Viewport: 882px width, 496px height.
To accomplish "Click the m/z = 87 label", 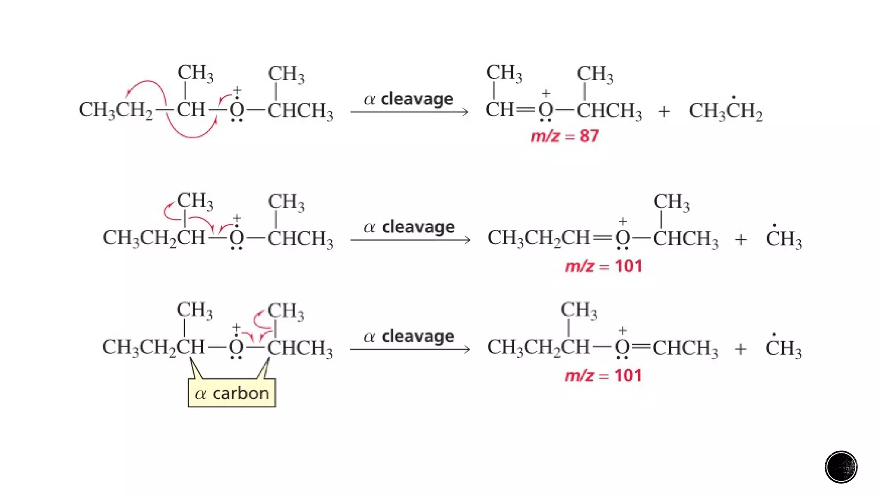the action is (x=565, y=136).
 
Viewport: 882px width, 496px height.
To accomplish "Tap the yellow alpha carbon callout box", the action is (x=232, y=393).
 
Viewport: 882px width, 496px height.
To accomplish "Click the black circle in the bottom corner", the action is (x=841, y=467).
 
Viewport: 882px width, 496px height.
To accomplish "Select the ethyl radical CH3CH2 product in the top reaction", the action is (x=726, y=111).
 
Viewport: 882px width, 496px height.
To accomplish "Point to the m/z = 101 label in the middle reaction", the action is (x=603, y=267).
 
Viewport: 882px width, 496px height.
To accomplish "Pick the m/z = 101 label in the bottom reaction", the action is (x=603, y=376).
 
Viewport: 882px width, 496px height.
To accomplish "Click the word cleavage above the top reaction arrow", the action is (x=417, y=99).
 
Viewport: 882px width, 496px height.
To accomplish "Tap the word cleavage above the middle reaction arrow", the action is (x=418, y=227).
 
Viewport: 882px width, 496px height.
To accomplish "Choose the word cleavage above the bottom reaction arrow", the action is (x=418, y=336).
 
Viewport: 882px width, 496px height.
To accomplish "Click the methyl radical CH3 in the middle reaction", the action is (x=783, y=239).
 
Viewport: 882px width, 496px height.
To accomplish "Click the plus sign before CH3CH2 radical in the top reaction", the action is (x=664, y=112).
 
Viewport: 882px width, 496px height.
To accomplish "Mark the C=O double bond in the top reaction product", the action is (x=526, y=110).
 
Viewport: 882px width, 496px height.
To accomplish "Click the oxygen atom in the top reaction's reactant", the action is (x=237, y=110).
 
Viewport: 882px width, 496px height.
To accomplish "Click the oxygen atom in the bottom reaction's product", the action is (x=622, y=347).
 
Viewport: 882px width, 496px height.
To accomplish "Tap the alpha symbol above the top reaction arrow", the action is (x=370, y=99).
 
